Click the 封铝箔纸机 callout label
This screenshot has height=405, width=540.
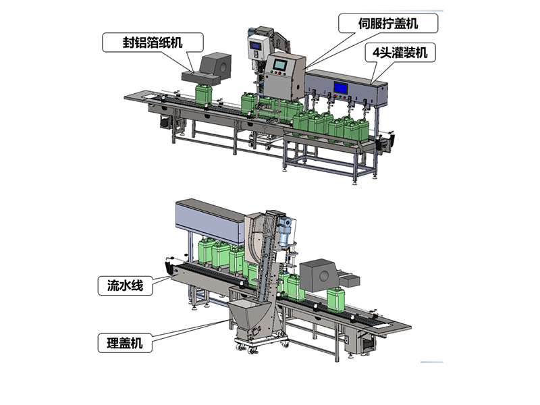[x=153, y=43]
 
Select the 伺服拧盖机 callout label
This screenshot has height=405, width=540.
[x=387, y=24]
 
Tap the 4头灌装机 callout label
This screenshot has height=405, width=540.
[x=400, y=53]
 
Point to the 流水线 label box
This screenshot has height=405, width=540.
[x=125, y=286]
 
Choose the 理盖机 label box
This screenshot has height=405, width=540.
[x=125, y=343]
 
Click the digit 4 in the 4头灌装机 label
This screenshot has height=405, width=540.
[x=376, y=53]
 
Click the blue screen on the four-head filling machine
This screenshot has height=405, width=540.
[x=341, y=88]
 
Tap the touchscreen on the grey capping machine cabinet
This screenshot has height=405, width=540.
[x=280, y=64]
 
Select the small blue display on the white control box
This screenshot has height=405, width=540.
[x=256, y=45]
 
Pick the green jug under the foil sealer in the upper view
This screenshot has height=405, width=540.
[x=203, y=94]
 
